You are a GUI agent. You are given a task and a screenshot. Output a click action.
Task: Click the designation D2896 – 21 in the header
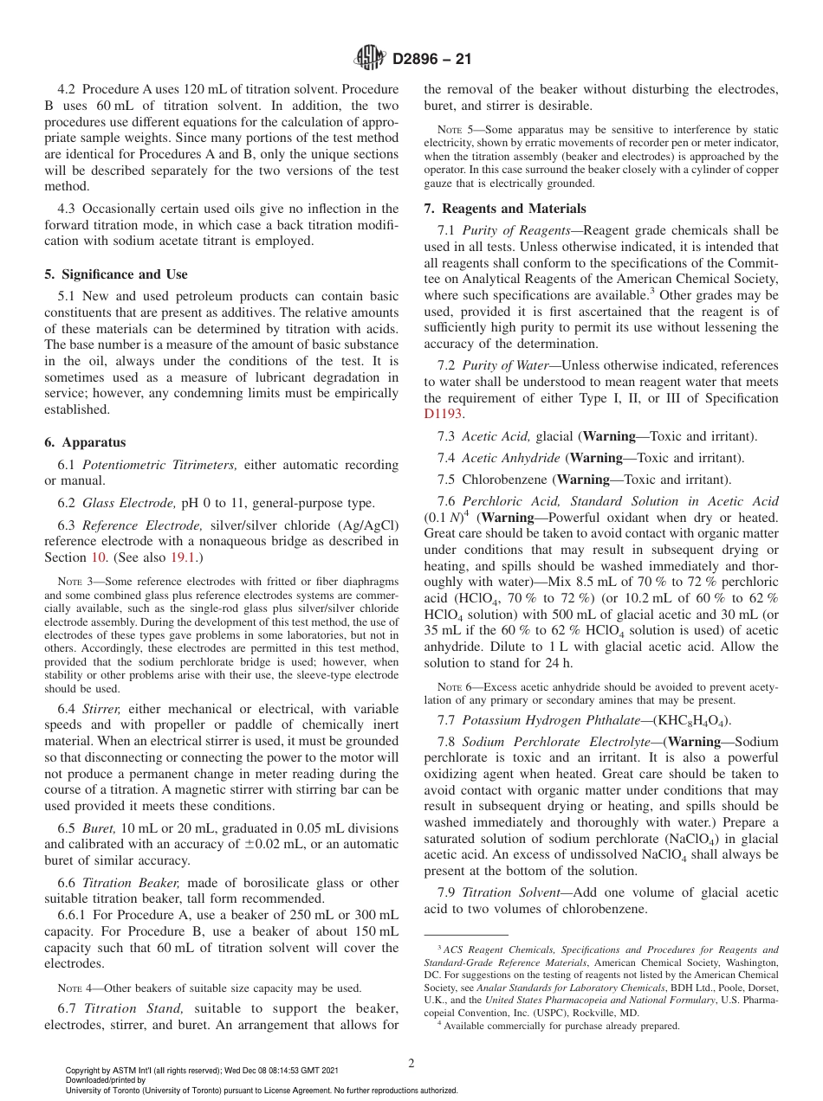point(431,60)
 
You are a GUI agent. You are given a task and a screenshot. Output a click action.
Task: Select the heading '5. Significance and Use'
point(115,274)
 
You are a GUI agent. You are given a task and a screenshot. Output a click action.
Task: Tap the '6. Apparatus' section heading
point(85,442)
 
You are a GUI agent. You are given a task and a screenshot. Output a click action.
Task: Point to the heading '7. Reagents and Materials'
point(505,209)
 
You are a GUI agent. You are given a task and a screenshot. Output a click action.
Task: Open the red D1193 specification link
point(444,414)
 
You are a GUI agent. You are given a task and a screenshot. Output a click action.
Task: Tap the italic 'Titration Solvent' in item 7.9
point(511,892)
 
